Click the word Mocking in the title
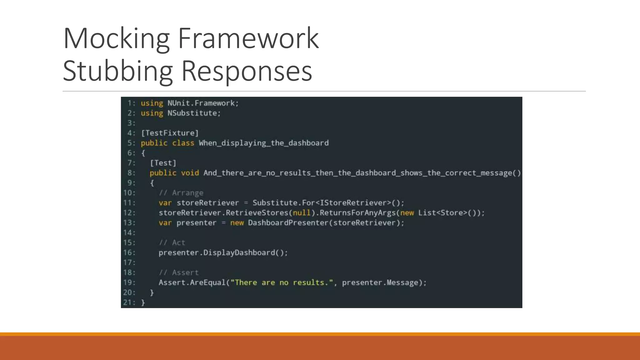tap(116, 39)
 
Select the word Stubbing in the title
tap(117, 71)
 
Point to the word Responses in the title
tap(247, 71)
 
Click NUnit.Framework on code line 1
tap(202, 103)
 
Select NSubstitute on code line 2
tap(193, 113)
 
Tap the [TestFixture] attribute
tap(170, 133)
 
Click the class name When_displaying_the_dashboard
tap(264, 143)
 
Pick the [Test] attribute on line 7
tap(163, 163)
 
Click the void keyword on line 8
tap(190, 173)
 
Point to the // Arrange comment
tap(181, 193)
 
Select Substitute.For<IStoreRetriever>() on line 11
tap(328, 203)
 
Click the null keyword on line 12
tap(302, 213)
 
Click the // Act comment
tap(172, 243)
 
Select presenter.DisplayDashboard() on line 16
tap(223, 253)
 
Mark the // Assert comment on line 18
tap(178, 273)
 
